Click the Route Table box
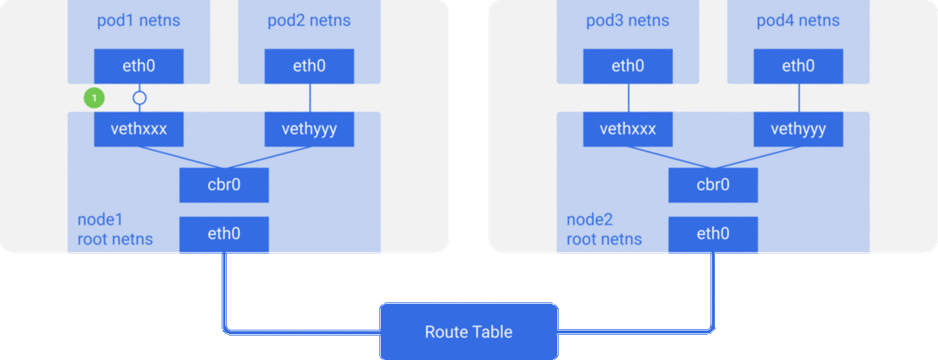point(469,332)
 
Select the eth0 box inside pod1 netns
point(139,67)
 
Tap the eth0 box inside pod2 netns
point(310,67)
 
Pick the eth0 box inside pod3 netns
point(628,67)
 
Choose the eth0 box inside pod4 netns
point(798,67)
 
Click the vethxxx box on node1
point(139,130)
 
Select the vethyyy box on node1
point(310,130)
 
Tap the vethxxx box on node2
point(628,130)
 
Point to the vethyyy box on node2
point(798,130)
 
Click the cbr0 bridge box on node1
point(224,185)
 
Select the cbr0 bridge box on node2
point(713,185)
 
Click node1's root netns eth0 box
point(224,234)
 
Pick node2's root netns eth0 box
point(713,234)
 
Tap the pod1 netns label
point(139,21)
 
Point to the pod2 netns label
point(310,21)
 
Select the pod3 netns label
point(628,21)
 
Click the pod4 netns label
point(798,21)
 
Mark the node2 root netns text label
point(603,230)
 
